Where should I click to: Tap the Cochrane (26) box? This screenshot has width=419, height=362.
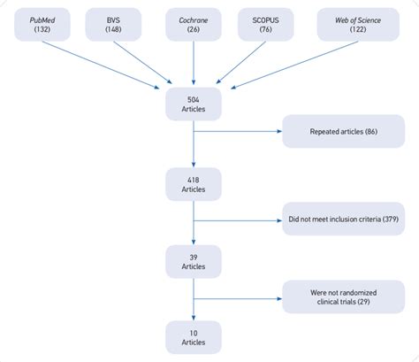192,23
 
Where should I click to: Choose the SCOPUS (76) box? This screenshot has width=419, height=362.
266,23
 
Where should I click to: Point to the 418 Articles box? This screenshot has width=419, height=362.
193,183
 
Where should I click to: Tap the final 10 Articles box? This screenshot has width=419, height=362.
193,337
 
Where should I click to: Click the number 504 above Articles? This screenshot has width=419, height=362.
193,99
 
